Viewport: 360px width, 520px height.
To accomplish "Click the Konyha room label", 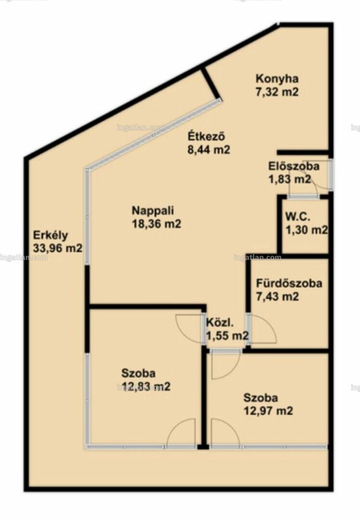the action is coord(277,79).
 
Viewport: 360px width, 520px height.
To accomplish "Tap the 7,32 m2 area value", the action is coord(277,92).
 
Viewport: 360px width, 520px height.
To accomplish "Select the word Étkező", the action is coord(207,136).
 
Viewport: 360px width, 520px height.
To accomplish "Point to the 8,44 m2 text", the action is coord(209,149).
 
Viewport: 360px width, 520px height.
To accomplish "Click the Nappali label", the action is coord(153,211).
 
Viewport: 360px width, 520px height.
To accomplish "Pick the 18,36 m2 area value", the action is coord(157,224).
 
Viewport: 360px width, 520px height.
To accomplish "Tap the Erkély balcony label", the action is coord(51,235).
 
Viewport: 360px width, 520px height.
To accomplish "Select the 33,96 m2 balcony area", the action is coord(58,248).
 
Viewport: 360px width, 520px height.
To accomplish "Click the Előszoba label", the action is coord(294,166).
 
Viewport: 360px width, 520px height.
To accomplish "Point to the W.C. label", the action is coord(298,217).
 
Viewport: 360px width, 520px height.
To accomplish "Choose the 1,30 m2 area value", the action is coord(307,230).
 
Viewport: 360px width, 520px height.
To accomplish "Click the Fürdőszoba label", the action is coord(289,283).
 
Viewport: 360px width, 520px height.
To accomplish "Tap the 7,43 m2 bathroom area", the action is coord(277,296).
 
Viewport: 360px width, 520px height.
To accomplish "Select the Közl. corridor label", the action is coord(220,322).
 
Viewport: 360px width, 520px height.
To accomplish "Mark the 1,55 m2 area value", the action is coord(227,335).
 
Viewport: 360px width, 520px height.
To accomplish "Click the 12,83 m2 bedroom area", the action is coord(146,386).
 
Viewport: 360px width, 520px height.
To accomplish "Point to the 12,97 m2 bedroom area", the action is coord(268,411).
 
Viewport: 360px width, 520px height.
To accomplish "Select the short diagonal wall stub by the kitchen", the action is coord(211,83).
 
